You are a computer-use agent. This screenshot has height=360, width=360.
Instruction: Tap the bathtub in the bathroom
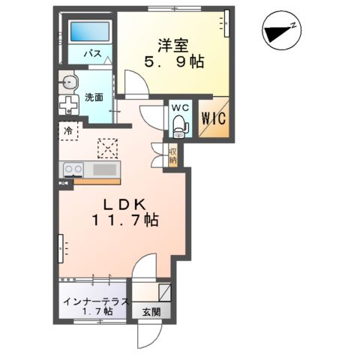[x=90, y=32]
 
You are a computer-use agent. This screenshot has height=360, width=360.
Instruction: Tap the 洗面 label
[x=94, y=97]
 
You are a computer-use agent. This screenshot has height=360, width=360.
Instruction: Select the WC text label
[x=179, y=108]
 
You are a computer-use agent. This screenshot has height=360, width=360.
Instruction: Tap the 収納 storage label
[x=172, y=155]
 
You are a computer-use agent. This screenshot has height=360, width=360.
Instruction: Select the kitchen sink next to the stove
[x=104, y=169]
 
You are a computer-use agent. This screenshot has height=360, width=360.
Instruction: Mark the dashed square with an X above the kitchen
[x=108, y=148]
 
